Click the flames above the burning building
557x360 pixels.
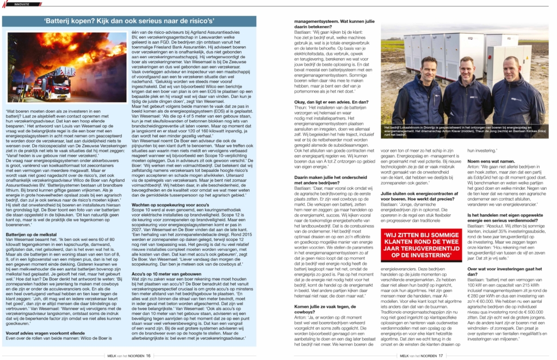tap(82, 49)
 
